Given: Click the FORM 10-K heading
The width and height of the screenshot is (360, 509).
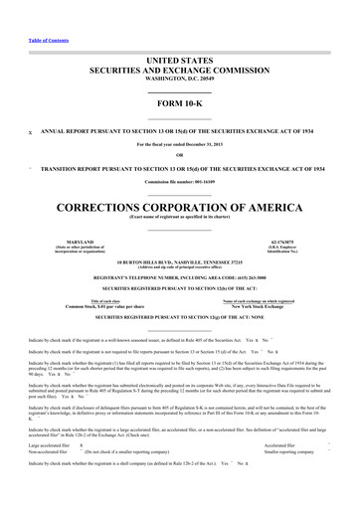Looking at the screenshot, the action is (179, 104).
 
